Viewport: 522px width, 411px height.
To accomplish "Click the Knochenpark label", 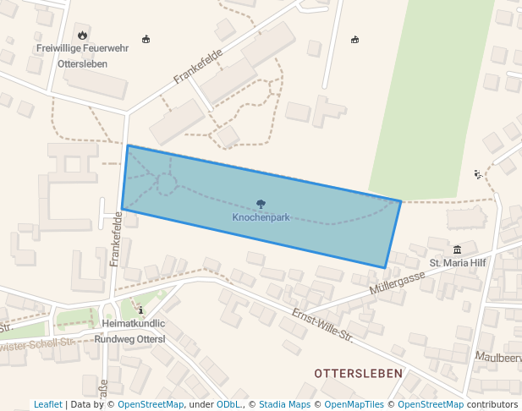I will [x=261, y=217].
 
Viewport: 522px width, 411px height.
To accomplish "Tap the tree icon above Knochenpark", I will [x=261, y=204].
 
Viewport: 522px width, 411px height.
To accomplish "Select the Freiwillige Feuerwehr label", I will [x=82, y=48].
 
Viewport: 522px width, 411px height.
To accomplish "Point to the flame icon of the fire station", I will [x=82, y=35].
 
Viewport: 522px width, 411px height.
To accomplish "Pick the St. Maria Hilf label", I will [x=458, y=263].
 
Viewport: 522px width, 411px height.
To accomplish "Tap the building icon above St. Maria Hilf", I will [x=458, y=249].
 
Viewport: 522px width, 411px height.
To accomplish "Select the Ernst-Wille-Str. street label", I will [x=321, y=325].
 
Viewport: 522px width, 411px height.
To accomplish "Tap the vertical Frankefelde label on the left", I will [x=117, y=239].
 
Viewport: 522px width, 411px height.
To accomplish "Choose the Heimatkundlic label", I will [x=133, y=324].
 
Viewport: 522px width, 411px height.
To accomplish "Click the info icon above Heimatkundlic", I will [x=140, y=310].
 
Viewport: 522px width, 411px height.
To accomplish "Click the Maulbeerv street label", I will [x=498, y=358].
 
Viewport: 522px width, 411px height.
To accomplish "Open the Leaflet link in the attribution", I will [x=48, y=404].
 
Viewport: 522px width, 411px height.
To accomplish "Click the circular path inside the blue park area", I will [x=167, y=185].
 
